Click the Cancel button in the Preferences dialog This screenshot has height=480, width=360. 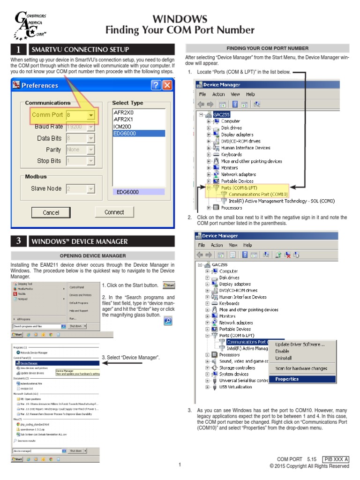pyautogui.click(x=51, y=212)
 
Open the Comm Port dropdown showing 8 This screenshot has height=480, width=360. pyautogui.click(x=90, y=115)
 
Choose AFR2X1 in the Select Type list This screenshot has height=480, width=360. pyautogui.click(x=124, y=120)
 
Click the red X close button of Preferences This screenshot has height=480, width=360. pyautogui.click(x=167, y=85)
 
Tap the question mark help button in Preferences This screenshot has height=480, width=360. pyautogui.click(x=156, y=85)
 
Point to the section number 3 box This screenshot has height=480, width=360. pyautogui.click(x=18, y=241)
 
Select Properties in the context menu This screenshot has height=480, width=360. pyautogui.click(x=287, y=379)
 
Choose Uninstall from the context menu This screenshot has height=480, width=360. pyautogui.click(x=284, y=358)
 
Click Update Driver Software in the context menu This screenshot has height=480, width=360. pyautogui.click(x=300, y=345)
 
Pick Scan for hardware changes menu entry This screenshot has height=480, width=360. pyautogui.click(x=301, y=368)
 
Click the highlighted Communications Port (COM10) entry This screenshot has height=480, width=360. pyautogui.click(x=258, y=194)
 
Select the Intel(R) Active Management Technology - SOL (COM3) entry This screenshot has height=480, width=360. pyautogui.click(x=281, y=201)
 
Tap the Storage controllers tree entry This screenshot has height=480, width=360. pyautogui.click(x=237, y=367)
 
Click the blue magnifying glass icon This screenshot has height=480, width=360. pyautogui.click(x=168, y=321)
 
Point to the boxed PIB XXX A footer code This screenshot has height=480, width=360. pyautogui.click(x=336, y=459)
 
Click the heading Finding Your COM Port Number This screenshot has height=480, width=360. pyautogui.click(x=180, y=30)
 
